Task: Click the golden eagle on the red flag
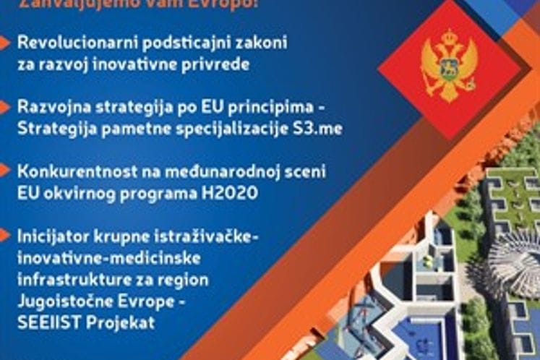coord(449,65)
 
